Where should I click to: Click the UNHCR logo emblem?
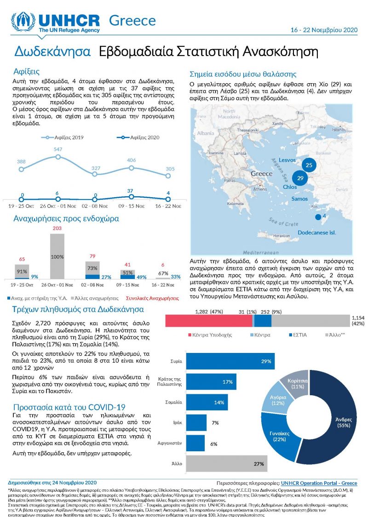[x=23, y=22]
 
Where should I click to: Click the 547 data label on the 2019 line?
[x=58, y=150]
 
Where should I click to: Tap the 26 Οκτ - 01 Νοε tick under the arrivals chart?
[x=58, y=206]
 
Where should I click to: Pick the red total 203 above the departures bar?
[x=57, y=228]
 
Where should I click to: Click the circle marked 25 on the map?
[x=309, y=165]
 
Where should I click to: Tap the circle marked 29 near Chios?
[x=300, y=178]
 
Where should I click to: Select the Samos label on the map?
[x=299, y=199]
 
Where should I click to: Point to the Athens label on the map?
[x=260, y=189]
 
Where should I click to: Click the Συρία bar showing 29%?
[x=230, y=362]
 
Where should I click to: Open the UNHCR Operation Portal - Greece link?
[x=319, y=483]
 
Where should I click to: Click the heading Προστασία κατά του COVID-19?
[x=69, y=407]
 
